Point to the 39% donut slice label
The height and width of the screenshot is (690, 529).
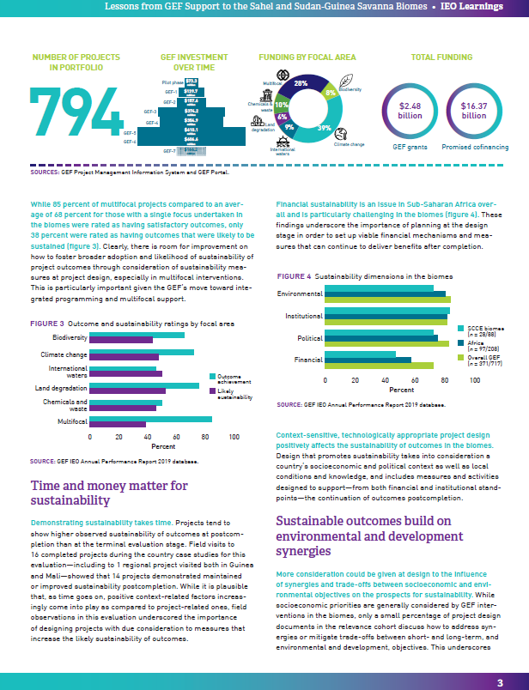tap(323, 128)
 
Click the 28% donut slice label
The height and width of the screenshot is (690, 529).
tap(300, 84)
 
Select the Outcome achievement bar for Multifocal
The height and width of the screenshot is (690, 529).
tap(150, 419)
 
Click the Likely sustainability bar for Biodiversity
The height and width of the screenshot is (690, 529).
tap(121, 340)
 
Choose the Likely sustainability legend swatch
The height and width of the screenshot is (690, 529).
tap(212, 391)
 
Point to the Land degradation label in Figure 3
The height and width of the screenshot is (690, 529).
tap(60, 388)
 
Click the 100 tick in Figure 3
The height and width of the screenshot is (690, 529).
tap(234, 438)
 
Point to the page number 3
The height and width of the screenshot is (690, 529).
tap(500, 681)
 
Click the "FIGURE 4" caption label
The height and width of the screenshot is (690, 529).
tap(294, 277)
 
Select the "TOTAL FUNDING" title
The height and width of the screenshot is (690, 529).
tap(442, 57)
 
